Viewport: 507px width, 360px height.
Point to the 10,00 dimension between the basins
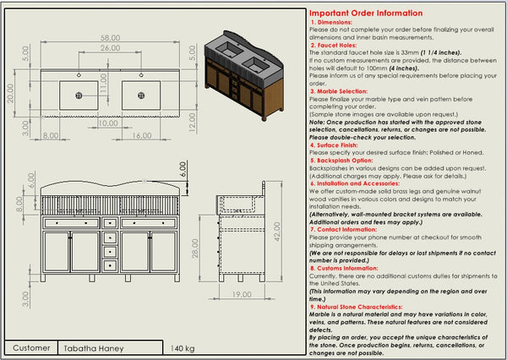[x=107, y=123]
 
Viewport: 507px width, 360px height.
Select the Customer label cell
[x=32, y=347]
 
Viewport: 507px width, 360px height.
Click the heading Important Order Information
[x=365, y=14]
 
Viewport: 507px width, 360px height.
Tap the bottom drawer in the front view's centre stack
[x=110, y=265]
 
